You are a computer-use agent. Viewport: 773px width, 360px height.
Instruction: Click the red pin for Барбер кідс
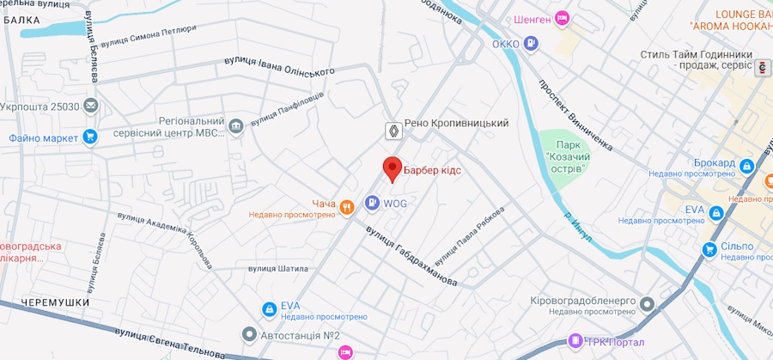[392, 168]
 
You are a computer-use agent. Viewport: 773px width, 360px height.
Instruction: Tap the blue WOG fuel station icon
[372, 204]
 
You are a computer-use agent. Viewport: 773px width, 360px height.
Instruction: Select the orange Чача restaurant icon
[347, 205]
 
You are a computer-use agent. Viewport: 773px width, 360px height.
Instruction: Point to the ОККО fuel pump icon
[533, 43]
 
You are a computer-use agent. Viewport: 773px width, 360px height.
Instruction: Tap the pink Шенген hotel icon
[563, 17]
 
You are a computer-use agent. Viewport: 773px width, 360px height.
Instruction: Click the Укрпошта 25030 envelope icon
[91, 106]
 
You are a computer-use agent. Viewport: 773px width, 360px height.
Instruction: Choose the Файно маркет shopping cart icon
[89, 137]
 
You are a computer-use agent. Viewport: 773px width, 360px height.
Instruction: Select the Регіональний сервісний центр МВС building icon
[235, 128]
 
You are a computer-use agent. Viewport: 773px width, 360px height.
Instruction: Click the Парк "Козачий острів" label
[565, 158]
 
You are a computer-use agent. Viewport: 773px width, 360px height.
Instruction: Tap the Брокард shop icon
[746, 164]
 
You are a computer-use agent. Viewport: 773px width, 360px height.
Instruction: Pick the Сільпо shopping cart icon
[709, 249]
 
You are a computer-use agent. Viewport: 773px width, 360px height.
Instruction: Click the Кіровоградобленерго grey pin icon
[647, 304]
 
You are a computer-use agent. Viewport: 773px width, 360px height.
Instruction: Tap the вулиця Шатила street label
[278, 268]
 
